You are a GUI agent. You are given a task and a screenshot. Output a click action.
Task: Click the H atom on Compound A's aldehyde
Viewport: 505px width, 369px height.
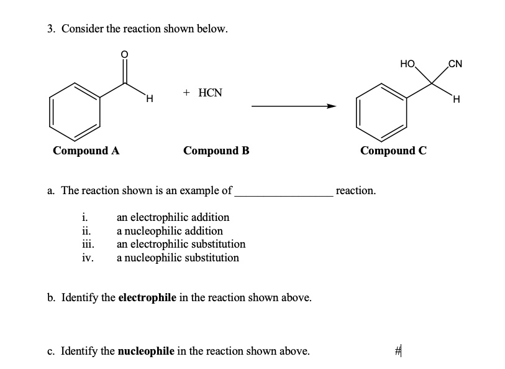(148, 98)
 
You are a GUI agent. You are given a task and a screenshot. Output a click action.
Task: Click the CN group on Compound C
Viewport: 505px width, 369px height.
(455, 63)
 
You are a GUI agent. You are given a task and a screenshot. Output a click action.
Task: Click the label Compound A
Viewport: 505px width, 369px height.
(86, 151)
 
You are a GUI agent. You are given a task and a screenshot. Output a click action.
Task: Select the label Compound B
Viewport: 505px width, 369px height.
(216, 151)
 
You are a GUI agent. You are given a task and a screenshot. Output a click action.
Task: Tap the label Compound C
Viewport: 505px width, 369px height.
(393, 151)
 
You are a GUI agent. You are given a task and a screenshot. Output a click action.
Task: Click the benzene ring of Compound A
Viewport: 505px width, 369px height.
(76, 110)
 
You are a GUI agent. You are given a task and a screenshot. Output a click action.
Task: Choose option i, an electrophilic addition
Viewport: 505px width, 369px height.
(173, 217)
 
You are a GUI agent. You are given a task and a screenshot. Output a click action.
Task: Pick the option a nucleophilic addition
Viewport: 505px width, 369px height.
(170, 231)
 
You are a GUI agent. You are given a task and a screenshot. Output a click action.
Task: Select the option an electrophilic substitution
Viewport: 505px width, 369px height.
(181, 244)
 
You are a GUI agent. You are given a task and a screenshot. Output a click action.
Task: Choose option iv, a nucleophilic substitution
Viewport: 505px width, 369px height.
(178, 258)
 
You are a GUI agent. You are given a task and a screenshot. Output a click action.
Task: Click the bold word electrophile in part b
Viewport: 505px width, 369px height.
(147, 297)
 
